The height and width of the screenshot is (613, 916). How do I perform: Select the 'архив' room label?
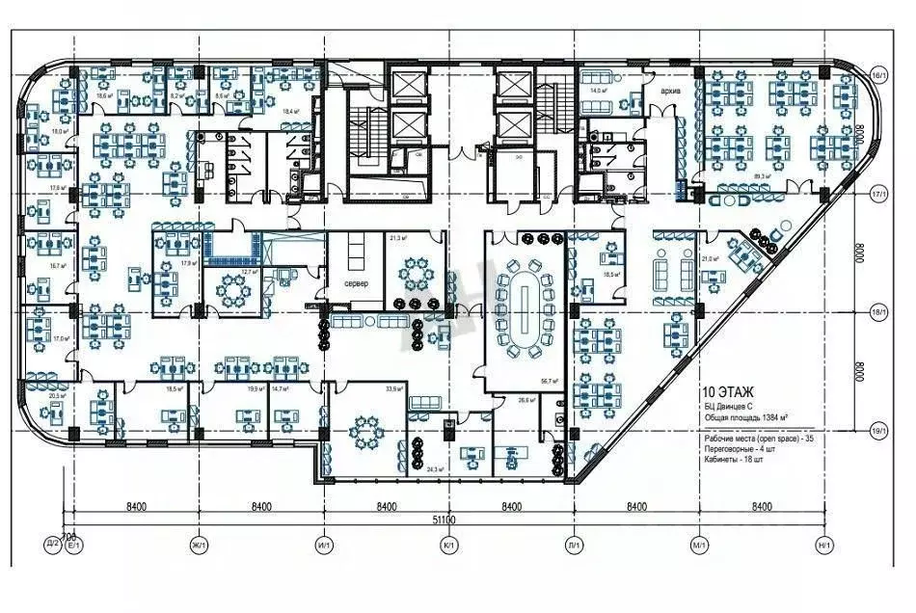coord(672,92)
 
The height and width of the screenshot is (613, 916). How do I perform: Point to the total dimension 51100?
coord(443,520)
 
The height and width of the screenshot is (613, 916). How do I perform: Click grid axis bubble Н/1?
coord(822,546)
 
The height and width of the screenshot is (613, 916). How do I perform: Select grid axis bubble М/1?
coord(697,546)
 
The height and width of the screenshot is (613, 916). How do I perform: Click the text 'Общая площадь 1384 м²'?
coord(745,417)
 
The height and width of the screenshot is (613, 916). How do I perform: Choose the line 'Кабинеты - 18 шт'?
coord(740,460)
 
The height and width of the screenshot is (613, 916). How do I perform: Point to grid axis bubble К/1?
coord(448,546)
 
